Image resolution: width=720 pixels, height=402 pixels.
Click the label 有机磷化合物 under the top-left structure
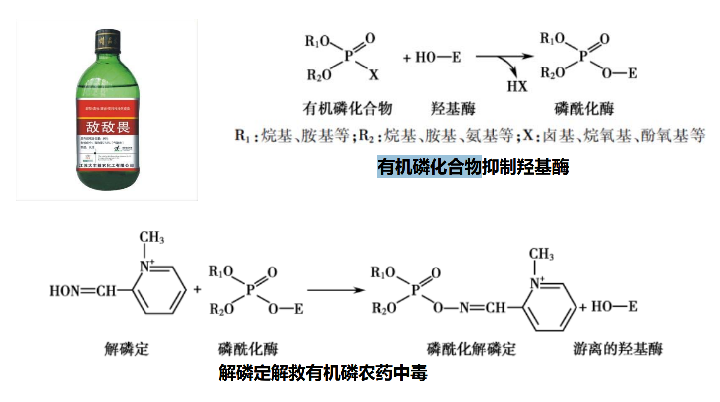click(x=348, y=108)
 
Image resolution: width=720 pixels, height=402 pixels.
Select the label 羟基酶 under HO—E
click(x=453, y=108)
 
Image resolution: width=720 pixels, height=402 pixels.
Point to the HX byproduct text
click(x=517, y=86)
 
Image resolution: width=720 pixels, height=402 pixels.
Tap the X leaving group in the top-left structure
click(x=373, y=75)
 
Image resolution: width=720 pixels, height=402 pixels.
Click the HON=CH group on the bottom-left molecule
click(x=82, y=291)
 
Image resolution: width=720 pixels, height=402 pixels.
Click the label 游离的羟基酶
click(x=617, y=349)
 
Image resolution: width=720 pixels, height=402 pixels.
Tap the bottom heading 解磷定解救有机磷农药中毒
click(x=323, y=372)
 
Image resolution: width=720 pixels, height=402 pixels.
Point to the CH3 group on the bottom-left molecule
click(x=152, y=237)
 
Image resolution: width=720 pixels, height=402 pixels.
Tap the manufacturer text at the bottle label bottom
click(x=107, y=165)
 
